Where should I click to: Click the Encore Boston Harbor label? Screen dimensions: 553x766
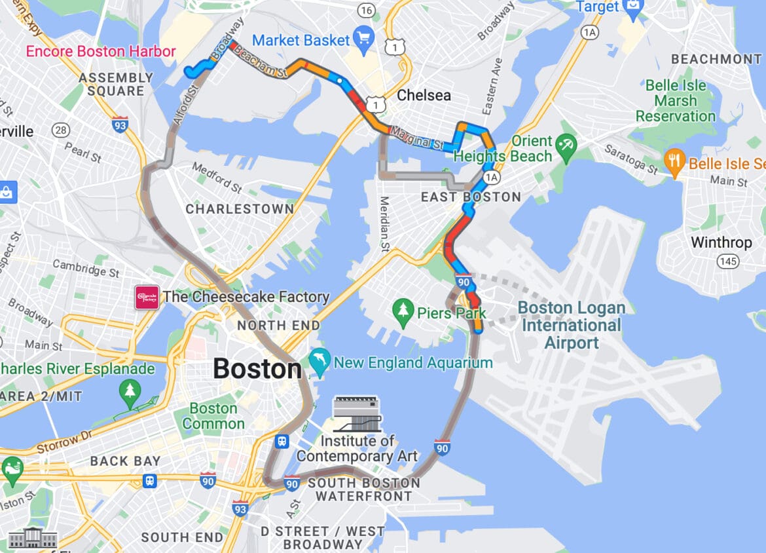tap(101, 52)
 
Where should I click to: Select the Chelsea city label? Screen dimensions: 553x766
tap(424, 96)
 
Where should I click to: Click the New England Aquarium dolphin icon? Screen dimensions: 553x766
tap(319, 362)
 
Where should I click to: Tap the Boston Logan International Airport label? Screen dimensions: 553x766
tap(572, 325)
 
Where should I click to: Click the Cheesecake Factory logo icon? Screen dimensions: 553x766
tap(147, 297)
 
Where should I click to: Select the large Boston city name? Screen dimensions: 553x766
tap(257, 369)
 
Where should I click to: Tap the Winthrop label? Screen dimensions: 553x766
tap(721, 242)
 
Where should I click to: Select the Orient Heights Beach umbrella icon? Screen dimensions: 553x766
tap(565, 143)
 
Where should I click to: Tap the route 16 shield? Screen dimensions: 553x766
tap(367, 10)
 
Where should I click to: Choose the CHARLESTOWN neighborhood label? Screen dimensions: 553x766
tap(240, 209)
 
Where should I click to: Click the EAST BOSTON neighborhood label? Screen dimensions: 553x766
tap(471, 197)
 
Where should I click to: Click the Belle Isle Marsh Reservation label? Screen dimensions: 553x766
tap(676, 101)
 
